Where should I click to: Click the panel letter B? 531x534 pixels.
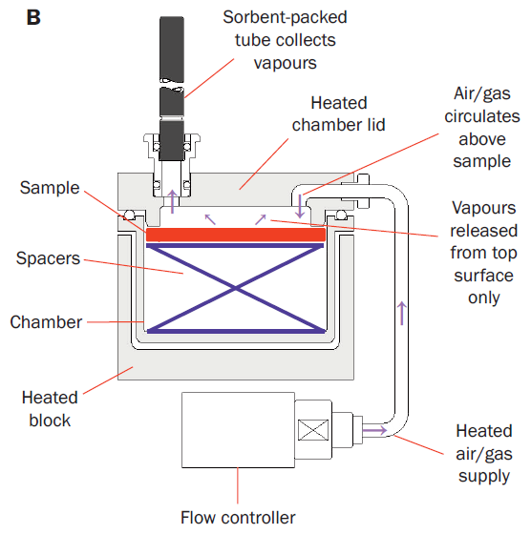coord(33,17)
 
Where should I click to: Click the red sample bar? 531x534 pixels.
coord(236,235)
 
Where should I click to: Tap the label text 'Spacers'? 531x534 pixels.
coord(48,258)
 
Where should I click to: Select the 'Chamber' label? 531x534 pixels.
coord(46,322)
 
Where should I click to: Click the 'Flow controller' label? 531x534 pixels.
coord(238,518)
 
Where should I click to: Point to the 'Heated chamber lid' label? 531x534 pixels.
coord(339,113)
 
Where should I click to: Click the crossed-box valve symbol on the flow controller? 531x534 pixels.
coord(313,430)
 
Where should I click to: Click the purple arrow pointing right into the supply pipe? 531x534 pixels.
coord(374,430)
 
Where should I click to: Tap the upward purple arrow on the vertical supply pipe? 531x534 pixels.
coord(402,313)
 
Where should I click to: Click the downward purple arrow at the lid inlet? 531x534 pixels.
coord(300,206)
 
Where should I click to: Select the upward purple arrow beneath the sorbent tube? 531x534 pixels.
coord(173,201)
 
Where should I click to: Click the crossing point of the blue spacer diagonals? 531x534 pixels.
coord(236,288)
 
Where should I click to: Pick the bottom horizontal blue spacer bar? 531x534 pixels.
coord(236,331)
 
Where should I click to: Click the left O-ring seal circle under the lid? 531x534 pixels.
coord(130,215)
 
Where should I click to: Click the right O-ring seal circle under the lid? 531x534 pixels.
coord(341,215)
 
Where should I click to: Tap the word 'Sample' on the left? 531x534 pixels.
coord(50,188)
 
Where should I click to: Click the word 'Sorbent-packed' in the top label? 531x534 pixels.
coord(285,17)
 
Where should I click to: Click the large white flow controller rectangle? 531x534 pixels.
coord(238,430)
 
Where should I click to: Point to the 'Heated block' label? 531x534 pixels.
coord(50,409)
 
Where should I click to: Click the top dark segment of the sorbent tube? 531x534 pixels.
coord(172,50)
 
